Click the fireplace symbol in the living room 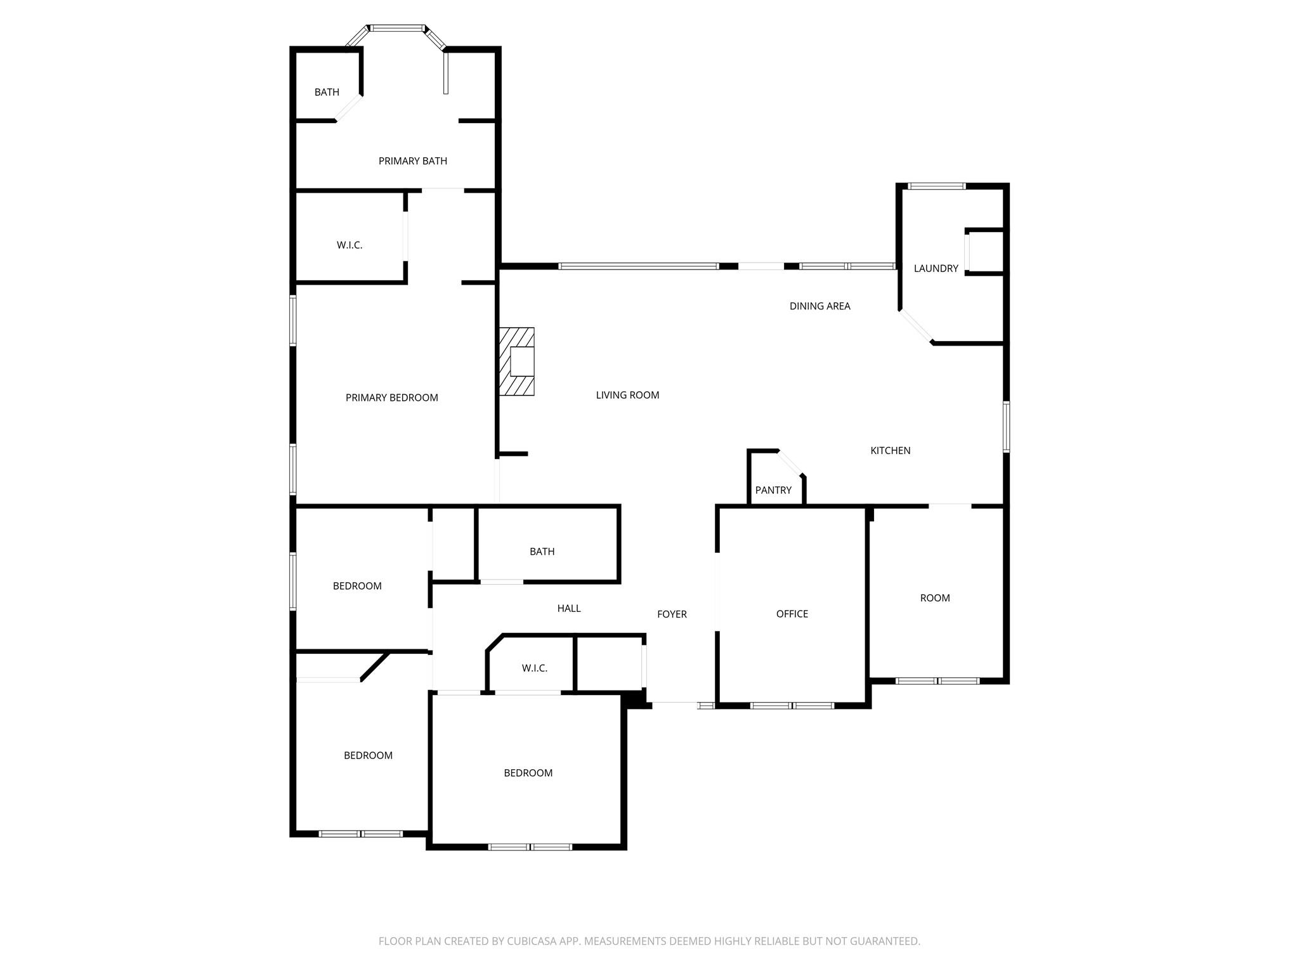click(517, 361)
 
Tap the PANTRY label click(773, 490)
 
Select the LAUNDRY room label click(936, 268)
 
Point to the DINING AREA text click(819, 306)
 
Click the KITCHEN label click(890, 451)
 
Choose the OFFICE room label click(792, 614)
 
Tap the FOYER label click(672, 614)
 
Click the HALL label click(569, 609)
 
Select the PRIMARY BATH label click(413, 161)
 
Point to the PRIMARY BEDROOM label click(391, 398)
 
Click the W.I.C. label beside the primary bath click(349, 245)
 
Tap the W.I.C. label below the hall click(534, 668)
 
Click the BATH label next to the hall click(542, 552)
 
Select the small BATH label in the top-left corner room click(327, 93)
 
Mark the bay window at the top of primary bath click(397, 29)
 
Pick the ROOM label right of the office click(935, 598)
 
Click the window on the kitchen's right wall click(1007, 426)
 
